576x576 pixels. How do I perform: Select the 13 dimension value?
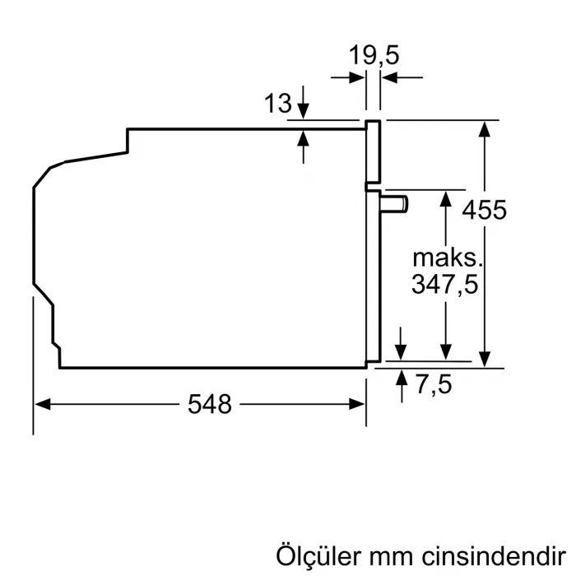(278, 104)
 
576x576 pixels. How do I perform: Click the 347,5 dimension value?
(445, 284)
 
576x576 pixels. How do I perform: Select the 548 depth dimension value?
(210, 404)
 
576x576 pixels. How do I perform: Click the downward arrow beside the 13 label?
(304, 112)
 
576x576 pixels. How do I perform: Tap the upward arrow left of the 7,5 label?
(402, 379)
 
